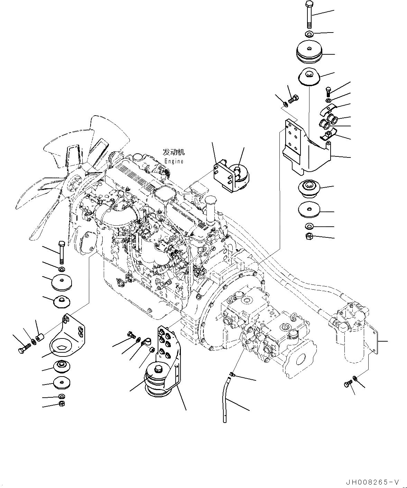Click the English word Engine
[174, 161]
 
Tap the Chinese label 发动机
[174, 152]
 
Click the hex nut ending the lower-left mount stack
[62, 404]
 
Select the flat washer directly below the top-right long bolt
[309, 34]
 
